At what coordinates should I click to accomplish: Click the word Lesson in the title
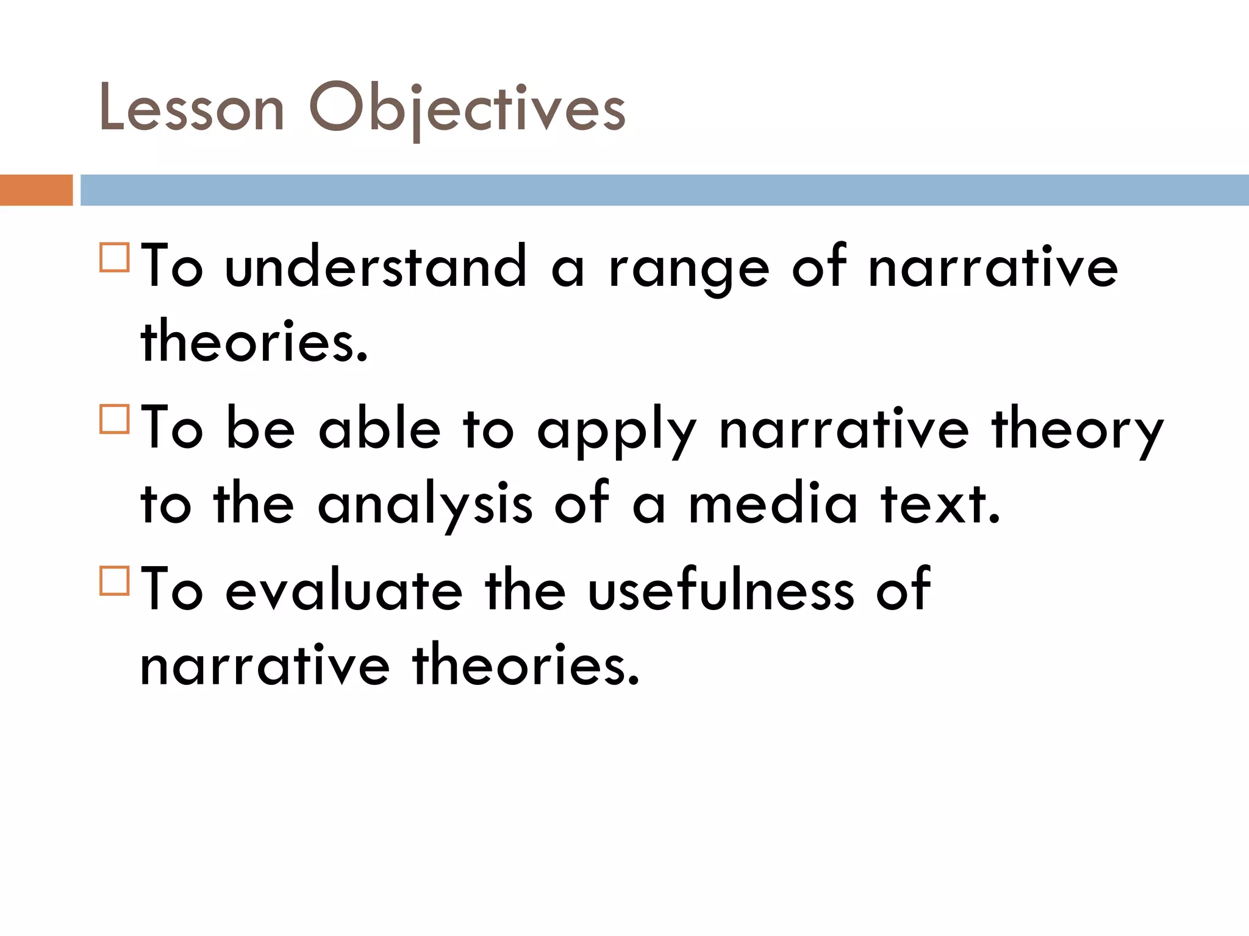click(191, 108)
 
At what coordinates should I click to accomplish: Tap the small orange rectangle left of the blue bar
click(36, 190)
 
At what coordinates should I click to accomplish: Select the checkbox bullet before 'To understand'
click(115, 257)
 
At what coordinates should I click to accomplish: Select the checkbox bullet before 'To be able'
click(115, 419)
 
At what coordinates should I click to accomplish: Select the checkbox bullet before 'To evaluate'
click(115, 580)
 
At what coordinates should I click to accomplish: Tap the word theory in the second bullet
click(1078, 430)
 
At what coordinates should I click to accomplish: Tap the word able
click(379, 429)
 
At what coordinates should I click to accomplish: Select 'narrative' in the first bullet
click(993, 267)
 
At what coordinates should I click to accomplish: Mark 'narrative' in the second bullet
click(844, 430)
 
